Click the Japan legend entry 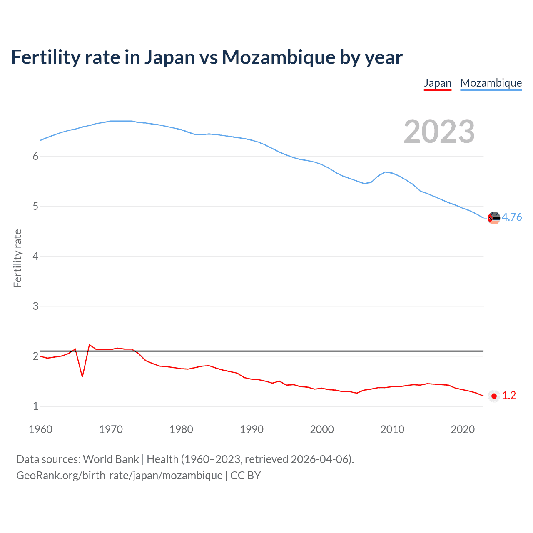click(437, 83)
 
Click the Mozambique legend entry click(491, 83)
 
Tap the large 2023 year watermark click(439, 132)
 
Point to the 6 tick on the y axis click(35, 156)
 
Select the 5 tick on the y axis click(35, 206)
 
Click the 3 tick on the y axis click(35, 306)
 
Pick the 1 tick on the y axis click(35, 406)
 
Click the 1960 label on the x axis click(40, 429)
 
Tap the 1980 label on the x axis click(181, 429)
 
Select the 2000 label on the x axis click(322, 429)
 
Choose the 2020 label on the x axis click(463, 429)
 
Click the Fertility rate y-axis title click(17, 258)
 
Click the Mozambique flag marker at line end click(494, 218)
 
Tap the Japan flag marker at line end click(494, 396)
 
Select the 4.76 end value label click(512, 217)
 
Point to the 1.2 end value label click(509, 396)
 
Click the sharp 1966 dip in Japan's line click(82, 376)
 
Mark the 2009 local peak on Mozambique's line click(385, 172)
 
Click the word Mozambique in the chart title click(279, 57)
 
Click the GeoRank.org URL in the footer click(120, 476)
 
